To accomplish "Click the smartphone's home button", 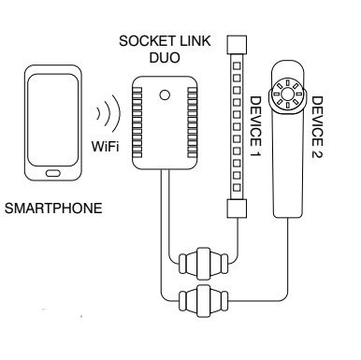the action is tap(53, 173).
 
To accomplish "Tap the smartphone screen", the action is tap(52, 120).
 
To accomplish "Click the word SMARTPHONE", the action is tap(53, 209).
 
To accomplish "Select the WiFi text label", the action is tap(106, 146).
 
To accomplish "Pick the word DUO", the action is tap(165, 58).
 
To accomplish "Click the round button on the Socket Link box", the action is tap(165, 94).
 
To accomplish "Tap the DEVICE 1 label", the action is tap(255, 126).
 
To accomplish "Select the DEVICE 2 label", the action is tap(317, 127).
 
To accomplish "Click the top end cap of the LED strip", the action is tap(237, 44).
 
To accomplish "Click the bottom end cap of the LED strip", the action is tap(237, 209).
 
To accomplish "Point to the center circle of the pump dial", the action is tap(286, 93).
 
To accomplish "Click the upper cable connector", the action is tap(203, 264).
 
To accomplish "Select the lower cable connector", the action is tap(203, 300).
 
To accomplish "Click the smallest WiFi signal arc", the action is tap(98, 113).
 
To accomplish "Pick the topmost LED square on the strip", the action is tap(237, 65).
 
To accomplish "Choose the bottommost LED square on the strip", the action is tap(237, 187).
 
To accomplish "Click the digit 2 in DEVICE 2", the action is tap(317, 153).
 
